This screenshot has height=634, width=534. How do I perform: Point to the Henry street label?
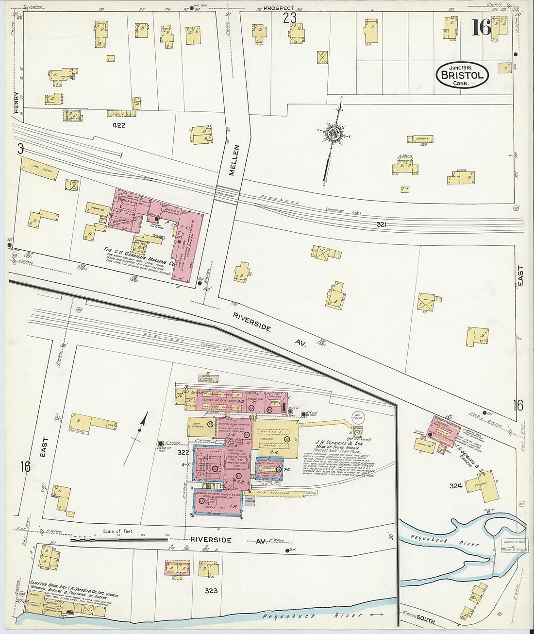pyautogui.click(x=16, y=103)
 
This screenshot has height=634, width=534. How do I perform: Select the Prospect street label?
pyautogui.click(x=279, y=8)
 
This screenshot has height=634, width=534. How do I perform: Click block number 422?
pyautogui.click(x=118, y=125)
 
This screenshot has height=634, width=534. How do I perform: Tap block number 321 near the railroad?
pyautogui.click(x=382, y=224)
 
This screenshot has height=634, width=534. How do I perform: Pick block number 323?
pyautogui.click(x=211, y=591)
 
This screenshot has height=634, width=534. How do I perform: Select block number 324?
pyautogui.click(x=455, y=485)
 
